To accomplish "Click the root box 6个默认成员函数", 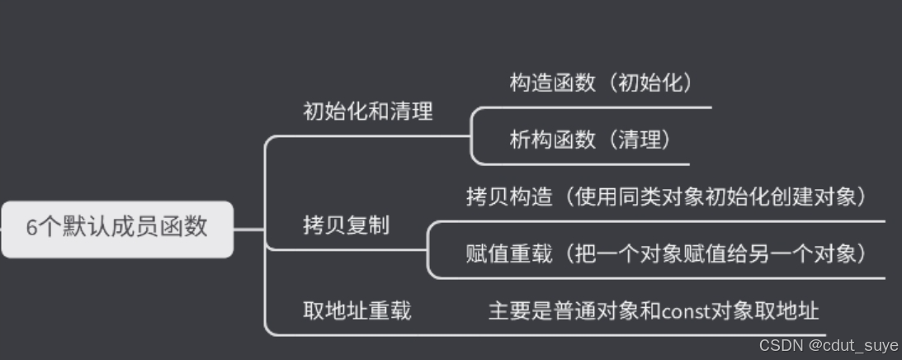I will (x=116, y=228).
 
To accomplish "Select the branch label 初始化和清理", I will (x=368, y=111).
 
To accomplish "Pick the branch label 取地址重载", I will (x=357, y=310).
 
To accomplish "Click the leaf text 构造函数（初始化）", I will (x=600, y=83).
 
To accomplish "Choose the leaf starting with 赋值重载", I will (x=667, y=253).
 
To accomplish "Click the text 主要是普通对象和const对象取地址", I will (x=654, y=310).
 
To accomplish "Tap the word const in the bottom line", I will (x=680, y=311).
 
